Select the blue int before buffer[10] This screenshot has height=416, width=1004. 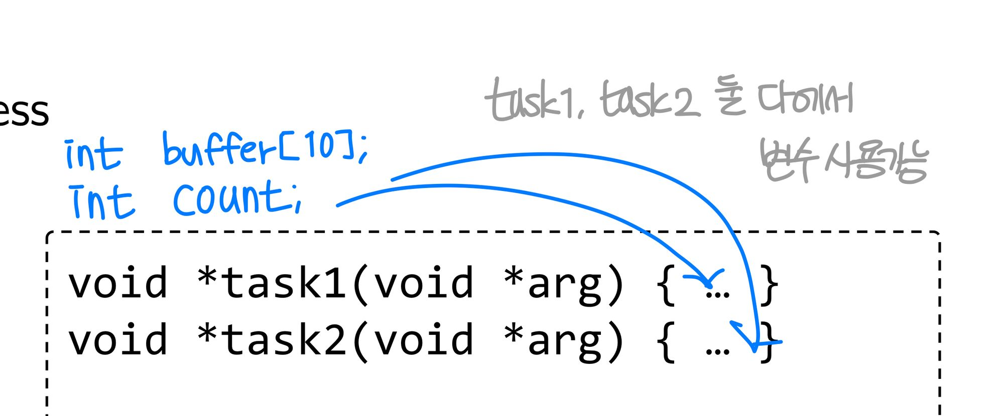93,154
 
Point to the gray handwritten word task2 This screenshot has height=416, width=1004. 648,100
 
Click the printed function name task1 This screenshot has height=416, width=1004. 284,284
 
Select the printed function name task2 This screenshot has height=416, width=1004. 284,340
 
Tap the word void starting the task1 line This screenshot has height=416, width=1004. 117,284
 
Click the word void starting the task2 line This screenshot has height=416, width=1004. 117,340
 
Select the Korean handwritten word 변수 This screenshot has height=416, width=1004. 786,160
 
